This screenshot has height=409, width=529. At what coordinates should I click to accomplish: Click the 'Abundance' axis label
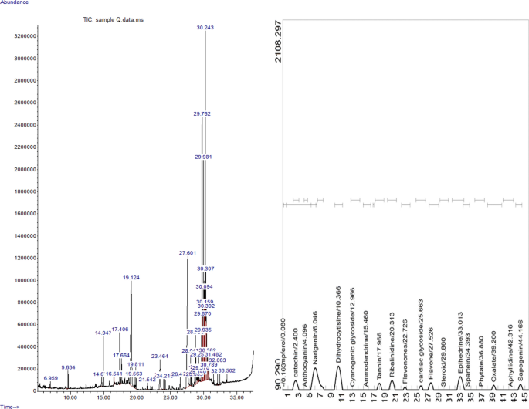point(15,3)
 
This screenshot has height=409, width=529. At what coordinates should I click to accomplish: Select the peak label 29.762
point(202,113)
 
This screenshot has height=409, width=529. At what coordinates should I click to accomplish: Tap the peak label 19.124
point(131,277)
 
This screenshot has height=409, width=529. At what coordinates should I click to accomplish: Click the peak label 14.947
point(103,333)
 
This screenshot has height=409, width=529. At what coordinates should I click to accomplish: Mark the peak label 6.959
point(51,378)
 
